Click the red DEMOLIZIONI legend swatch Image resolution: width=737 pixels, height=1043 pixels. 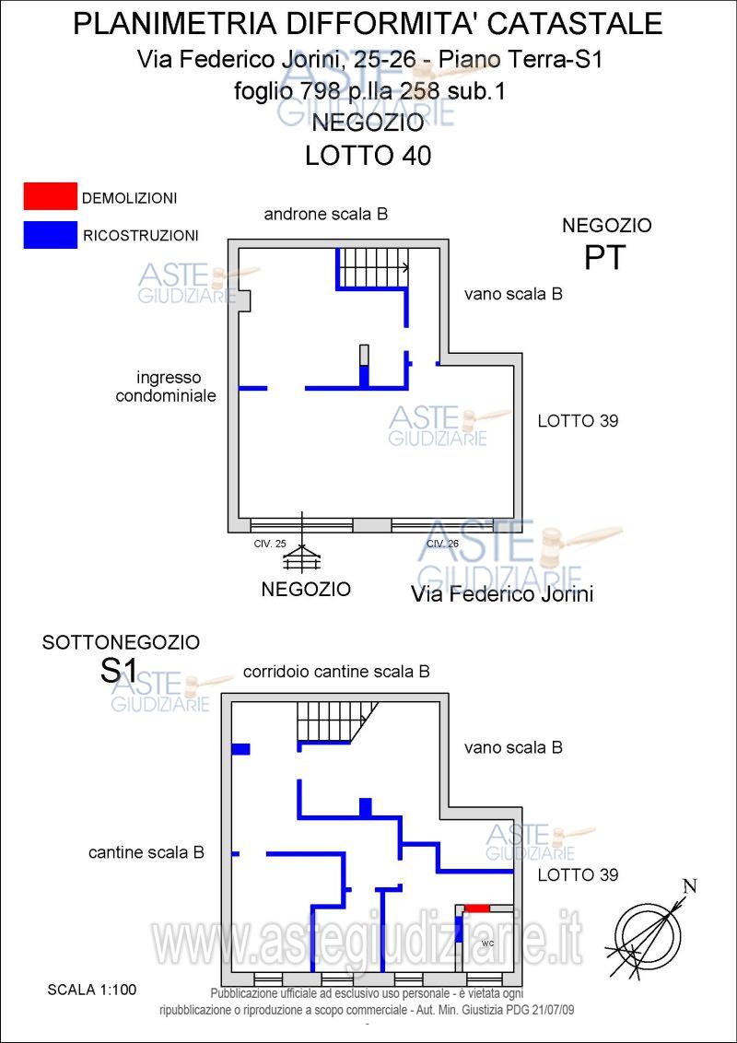pyautogui.click(x=51, y=195)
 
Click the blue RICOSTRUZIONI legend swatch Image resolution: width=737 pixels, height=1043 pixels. pyautogui.click(x=51, y=234)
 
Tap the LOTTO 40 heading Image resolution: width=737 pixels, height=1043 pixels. pyautogui.click(x=368, y=156)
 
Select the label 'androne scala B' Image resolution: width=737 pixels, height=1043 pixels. pyautogui.click(x=325, y=214)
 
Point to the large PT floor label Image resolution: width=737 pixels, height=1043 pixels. pyautogui.click(x=605, y=258)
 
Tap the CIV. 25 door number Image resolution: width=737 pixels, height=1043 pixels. pyautogui.click(x=270, y=544)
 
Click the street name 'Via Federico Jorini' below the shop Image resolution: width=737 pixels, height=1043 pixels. pyautogui.click(x=501, y=594)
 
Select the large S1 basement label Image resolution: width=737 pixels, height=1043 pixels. pyautogui.click(x=119, y=672)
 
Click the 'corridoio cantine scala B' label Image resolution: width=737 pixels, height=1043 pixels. pyautogui.click(x=336, y=672)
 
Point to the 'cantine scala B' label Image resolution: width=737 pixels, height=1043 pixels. pyautogui.click(x=146, y=853)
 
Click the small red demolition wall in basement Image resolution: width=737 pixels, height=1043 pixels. pyautogui.click(x=476, y=908)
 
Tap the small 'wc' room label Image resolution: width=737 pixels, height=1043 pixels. pyautogui.click(x=488, y=943)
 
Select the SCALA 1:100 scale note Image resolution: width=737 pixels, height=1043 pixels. pyautogui.click(x=91, y=990)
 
